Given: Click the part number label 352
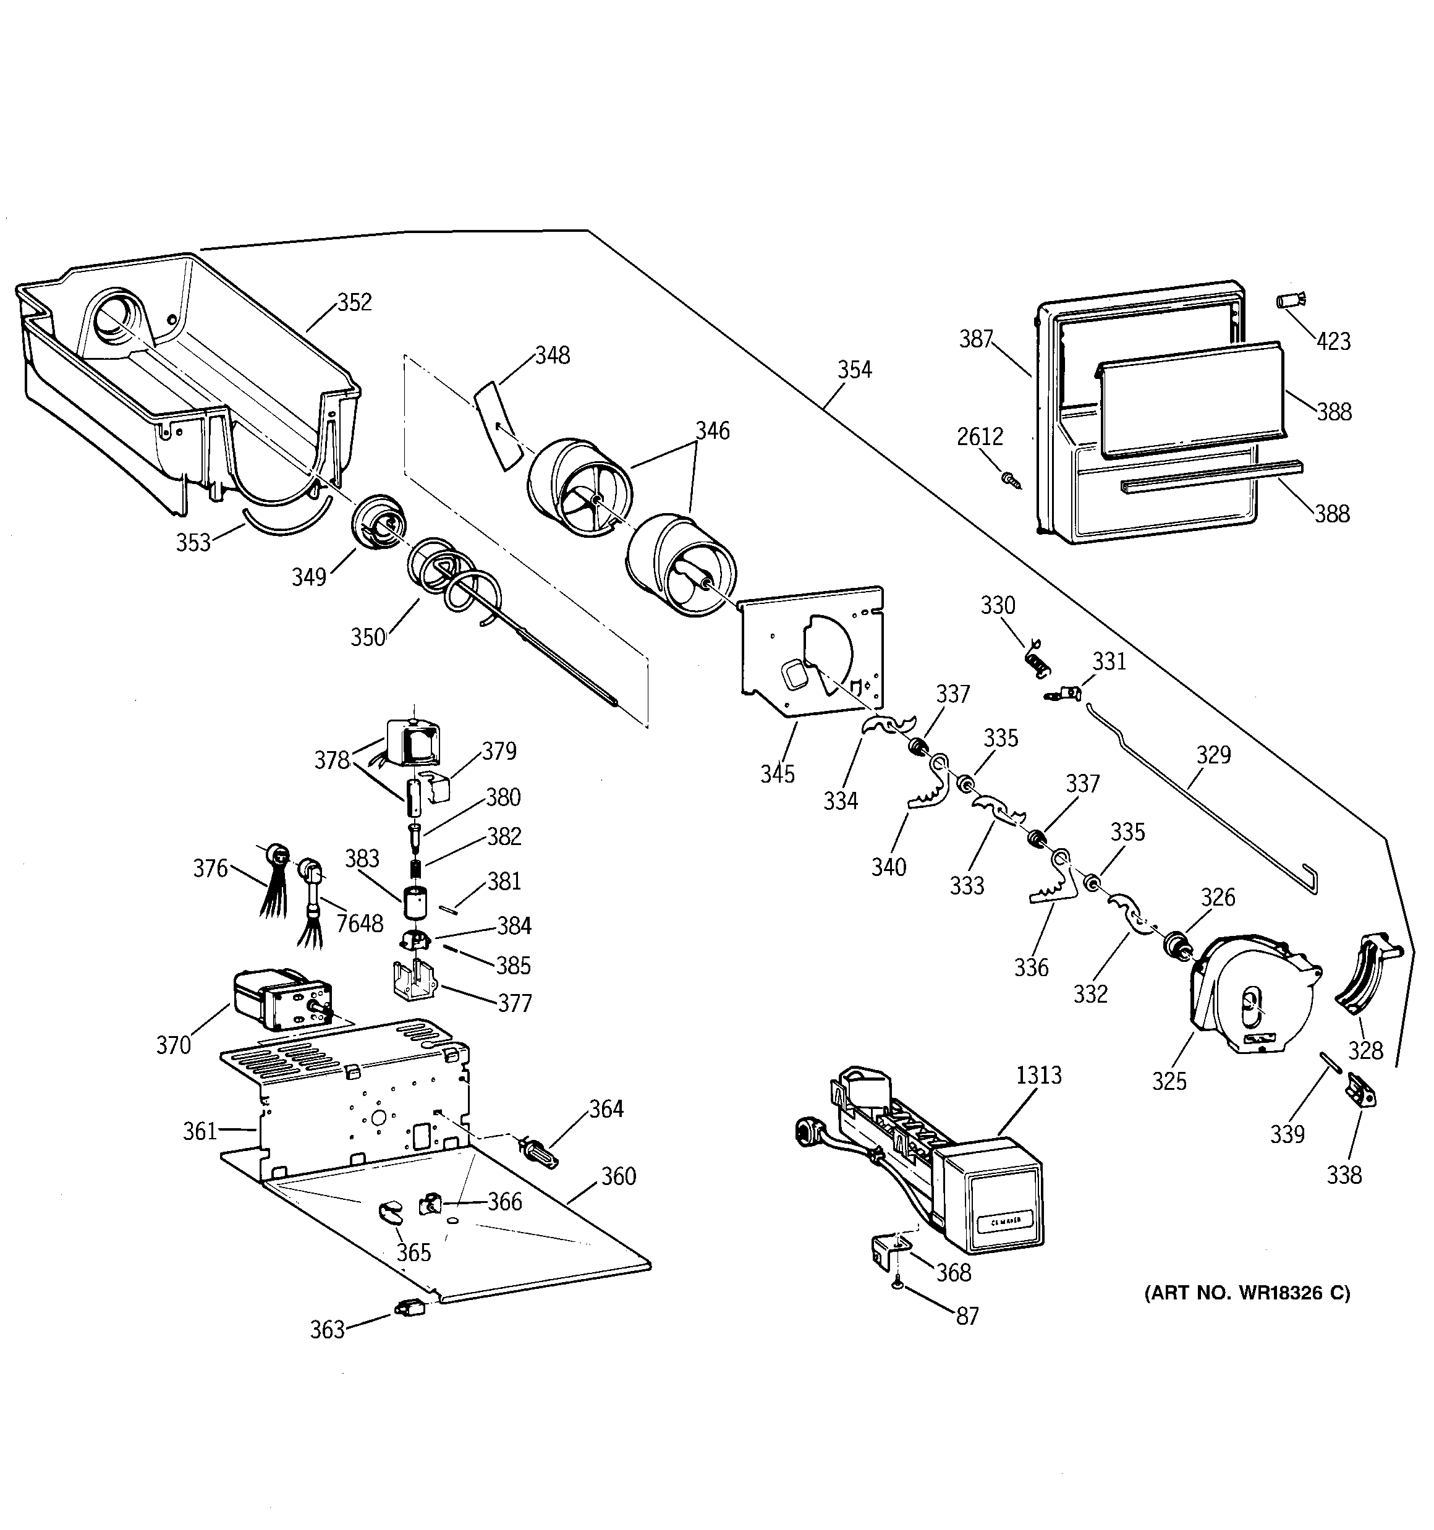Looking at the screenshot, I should [354, 302].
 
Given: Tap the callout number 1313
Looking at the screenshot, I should [1038, 1075].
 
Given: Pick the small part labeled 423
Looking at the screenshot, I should [1292, 299].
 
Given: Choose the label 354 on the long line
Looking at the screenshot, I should [854, 370].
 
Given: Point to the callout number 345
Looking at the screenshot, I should [777, 773].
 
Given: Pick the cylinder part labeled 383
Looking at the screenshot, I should [417, 902].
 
